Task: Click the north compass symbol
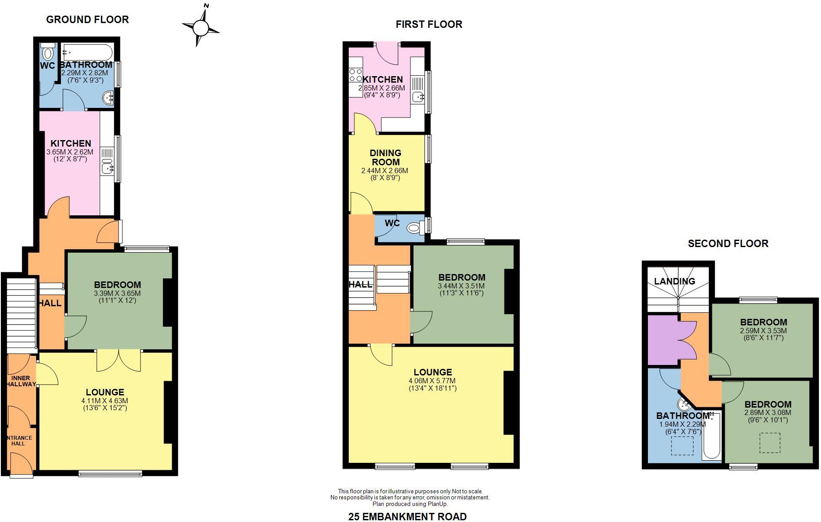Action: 201,27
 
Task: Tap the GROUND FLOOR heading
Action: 87,20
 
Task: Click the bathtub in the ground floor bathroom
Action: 87,52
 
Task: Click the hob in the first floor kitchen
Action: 355,75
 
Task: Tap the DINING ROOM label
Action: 385,157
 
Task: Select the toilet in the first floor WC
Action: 415,227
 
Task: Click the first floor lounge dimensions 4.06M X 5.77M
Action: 433,380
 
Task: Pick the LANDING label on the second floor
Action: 674,281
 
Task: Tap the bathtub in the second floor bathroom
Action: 711,437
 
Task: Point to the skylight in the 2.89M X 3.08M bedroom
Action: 770,443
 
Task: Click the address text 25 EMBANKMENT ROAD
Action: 407,516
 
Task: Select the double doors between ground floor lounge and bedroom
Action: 119,360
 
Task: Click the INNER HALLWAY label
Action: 21,381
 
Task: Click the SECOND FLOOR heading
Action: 728,244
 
